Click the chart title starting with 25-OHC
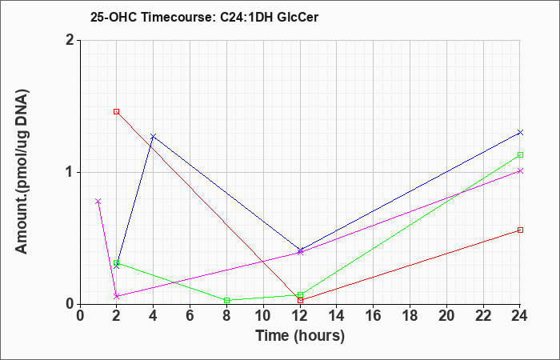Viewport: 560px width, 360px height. pos(204,17)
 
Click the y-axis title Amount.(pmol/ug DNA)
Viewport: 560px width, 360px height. pos(22,172)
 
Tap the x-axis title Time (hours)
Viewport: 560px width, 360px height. pos(300,336)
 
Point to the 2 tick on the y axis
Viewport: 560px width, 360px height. pos(70,40)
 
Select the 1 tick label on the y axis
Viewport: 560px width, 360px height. pos(70,173)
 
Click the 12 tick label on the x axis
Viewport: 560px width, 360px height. pos(300,316)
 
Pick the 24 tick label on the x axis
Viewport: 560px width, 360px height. pos(520,316)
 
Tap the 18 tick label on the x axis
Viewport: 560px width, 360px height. pos(410,316)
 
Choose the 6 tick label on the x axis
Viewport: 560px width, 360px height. pos(190,316)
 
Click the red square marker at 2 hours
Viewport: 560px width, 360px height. pos(117,111)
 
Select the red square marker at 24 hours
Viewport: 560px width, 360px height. pos(520,230)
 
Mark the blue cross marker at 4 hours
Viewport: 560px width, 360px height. pos(154,136)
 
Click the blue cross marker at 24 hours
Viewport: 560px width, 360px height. pos(520,133)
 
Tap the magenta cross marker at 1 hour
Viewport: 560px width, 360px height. pos(98,202)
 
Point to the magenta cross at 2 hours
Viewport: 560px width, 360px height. pos(117,297)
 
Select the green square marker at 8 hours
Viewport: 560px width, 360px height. pos(226,300)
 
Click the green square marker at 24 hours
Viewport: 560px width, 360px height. pos(520,154)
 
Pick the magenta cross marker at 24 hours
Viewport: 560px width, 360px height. pos(520,170)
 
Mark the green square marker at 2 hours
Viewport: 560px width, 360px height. pos(117,262)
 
